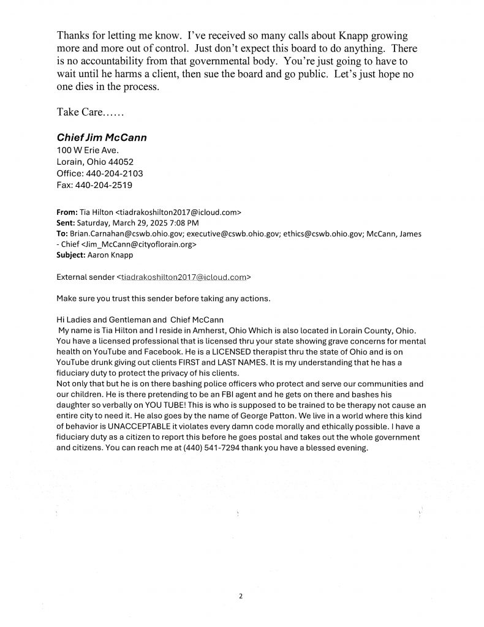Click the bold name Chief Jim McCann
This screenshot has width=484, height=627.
coord(101,138)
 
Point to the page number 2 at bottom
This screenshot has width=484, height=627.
coord(241,595)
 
